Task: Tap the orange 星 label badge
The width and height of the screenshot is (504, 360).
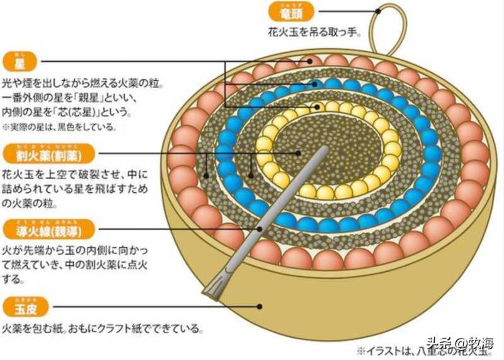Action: [20, 62]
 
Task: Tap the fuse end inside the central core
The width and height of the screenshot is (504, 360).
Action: [325, 151]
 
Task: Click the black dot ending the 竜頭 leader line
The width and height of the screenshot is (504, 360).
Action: [378, 11]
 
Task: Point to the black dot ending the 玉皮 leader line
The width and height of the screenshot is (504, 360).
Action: [260, 307]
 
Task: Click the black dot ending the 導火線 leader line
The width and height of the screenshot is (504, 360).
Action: [259, 229]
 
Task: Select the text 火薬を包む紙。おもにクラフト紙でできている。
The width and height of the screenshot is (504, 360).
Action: [105, 328]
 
